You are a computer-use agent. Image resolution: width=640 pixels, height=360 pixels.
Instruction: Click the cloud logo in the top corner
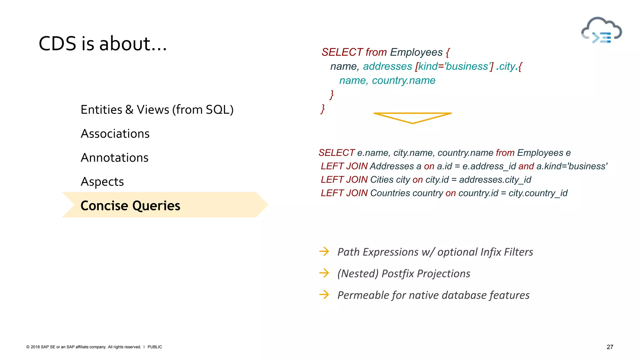[601, 31]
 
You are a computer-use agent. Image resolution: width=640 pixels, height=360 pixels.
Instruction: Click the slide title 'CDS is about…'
[103, 43]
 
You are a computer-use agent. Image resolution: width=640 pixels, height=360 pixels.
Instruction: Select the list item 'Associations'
[115, 134]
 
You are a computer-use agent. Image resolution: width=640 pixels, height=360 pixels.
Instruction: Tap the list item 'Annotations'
[114, 158]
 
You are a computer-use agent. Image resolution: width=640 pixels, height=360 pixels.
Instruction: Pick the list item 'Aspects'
[102, 182]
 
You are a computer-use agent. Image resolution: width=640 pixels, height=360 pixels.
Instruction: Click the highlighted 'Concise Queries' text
[130, 206]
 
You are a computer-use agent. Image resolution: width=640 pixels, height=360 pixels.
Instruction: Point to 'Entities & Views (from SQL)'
[157, 110]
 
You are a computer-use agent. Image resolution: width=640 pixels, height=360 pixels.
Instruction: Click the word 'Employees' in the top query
[416, 52]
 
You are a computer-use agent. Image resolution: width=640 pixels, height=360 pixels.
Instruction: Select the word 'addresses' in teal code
[387, 66]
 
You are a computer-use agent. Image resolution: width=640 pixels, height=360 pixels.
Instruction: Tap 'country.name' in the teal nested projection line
[403, 81]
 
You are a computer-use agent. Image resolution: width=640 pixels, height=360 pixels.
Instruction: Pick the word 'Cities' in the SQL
[382, 180]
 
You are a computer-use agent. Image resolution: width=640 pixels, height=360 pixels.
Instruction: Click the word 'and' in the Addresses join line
[526, 166]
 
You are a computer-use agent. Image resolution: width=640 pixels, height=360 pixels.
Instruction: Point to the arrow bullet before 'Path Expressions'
[324, 252]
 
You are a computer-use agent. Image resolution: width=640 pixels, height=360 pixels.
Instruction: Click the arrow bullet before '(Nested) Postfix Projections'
[324, 273]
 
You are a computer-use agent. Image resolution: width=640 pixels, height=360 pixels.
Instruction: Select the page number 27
[610, 347]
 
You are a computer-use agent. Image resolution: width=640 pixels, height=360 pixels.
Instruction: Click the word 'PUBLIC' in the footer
[155, 347]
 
